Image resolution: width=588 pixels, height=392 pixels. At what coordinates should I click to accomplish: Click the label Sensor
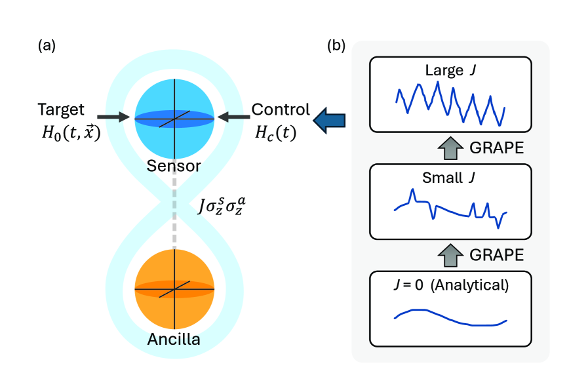[x=174, y=166]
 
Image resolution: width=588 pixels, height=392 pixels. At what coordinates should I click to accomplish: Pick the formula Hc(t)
[x=275, y=132]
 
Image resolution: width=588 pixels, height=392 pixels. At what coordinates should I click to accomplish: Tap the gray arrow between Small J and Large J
[x=450, y=148]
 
